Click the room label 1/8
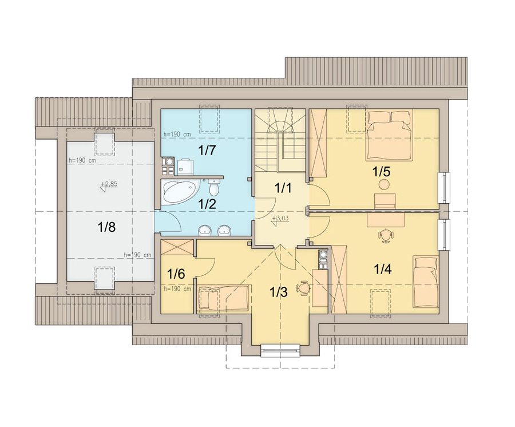[107, 227]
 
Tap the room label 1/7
[207, 150]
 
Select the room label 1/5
[381, 171]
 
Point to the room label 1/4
[383, 270]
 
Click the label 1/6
[176, 273]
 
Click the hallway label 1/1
[283, 188]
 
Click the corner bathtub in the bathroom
[181, 192]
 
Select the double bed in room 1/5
[390, 136]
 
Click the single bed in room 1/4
[426, 282]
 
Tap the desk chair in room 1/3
[303, 288]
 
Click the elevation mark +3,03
[280, 219]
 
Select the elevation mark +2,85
[108, 185]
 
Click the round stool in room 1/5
[383, 184]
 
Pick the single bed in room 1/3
[223, 298]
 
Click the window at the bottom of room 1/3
[280, 350]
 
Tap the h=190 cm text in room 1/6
[177, 289]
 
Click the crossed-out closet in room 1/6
[177, 247]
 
